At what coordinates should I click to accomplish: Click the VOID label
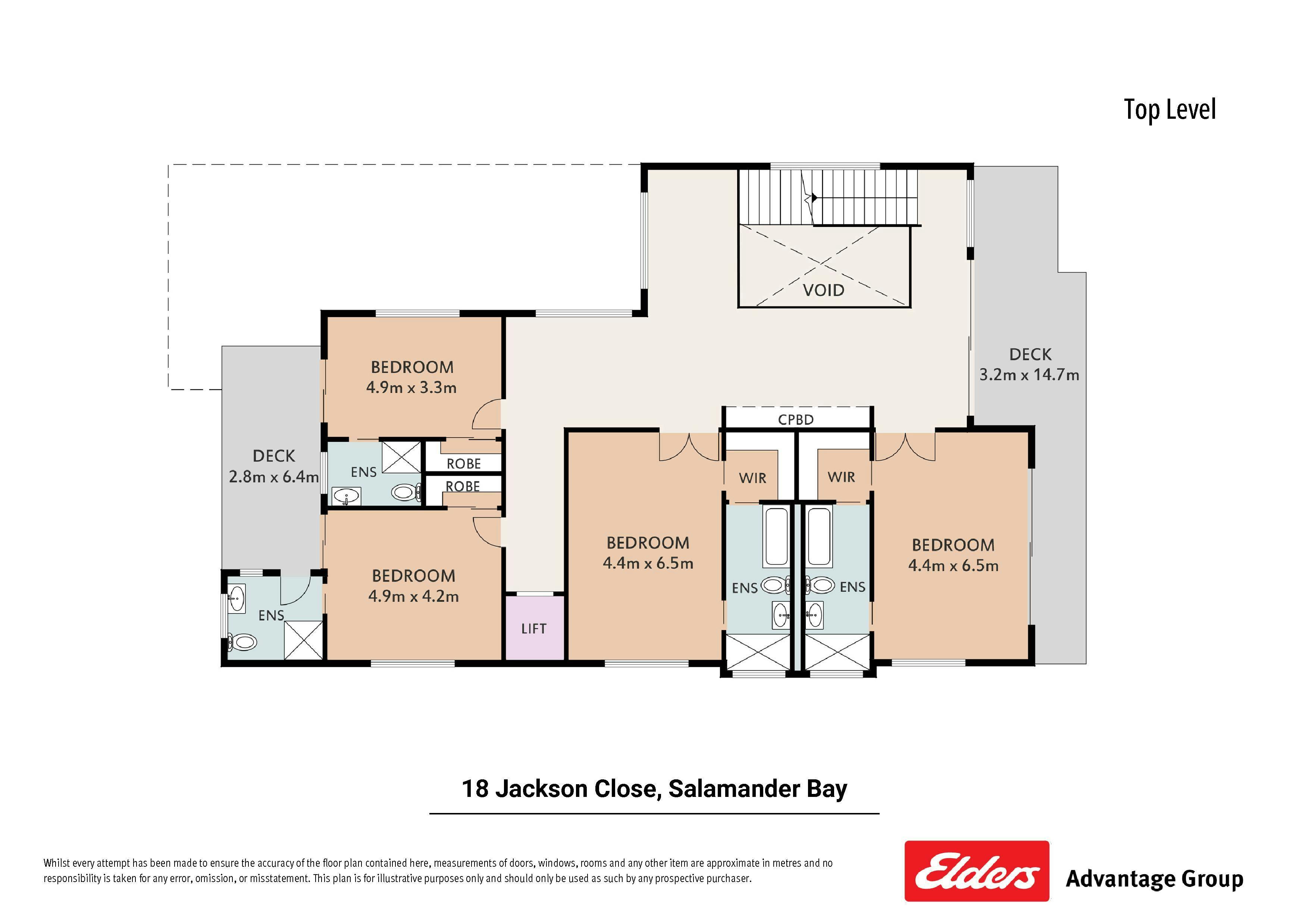823,291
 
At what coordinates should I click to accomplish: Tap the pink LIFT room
534,628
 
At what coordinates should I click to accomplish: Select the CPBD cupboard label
796,420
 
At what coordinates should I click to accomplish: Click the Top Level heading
1170,109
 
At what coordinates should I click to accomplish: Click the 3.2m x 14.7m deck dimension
1029,375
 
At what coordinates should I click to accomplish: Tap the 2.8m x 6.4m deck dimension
274,477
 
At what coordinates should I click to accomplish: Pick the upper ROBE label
464,464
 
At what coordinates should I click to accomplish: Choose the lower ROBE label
462,487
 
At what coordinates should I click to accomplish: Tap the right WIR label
842,477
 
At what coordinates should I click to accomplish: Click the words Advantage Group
1155,879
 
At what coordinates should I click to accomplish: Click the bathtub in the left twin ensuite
776,536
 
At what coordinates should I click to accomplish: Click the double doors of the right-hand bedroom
905,447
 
